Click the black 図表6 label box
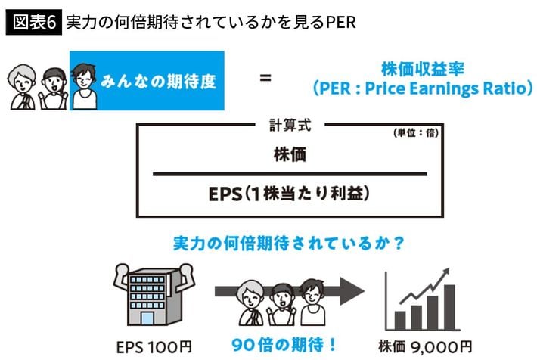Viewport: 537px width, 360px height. coord(33,22)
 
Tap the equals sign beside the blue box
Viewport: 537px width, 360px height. coord(265,78)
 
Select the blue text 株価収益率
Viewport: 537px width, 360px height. coord(423,69)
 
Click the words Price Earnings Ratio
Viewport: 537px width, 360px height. coord(445,88)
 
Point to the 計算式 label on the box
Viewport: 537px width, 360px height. coord(290,125)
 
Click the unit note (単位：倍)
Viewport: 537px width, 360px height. coord(416,133)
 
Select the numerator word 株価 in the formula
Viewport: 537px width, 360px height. coord(290,154)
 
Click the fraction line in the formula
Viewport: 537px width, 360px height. coord(290,174)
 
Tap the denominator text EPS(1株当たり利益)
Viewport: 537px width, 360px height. coord(290,194)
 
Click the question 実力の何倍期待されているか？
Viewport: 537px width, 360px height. coord(290,244)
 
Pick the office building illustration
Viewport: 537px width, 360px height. coord(154,294)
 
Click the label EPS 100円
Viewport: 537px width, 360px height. coord(154,347)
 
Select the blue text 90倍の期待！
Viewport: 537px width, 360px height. coord(284,345)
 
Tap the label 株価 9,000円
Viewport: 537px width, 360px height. coord(425,347)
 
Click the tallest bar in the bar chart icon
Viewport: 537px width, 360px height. coord(449,307)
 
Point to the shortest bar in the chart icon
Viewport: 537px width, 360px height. coord(400,321)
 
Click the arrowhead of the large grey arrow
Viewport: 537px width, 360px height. coord(352,291)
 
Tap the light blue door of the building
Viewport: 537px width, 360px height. coord(147,319)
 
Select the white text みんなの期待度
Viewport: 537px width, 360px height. coord(158,82)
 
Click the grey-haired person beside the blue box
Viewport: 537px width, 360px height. coord(22,87)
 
